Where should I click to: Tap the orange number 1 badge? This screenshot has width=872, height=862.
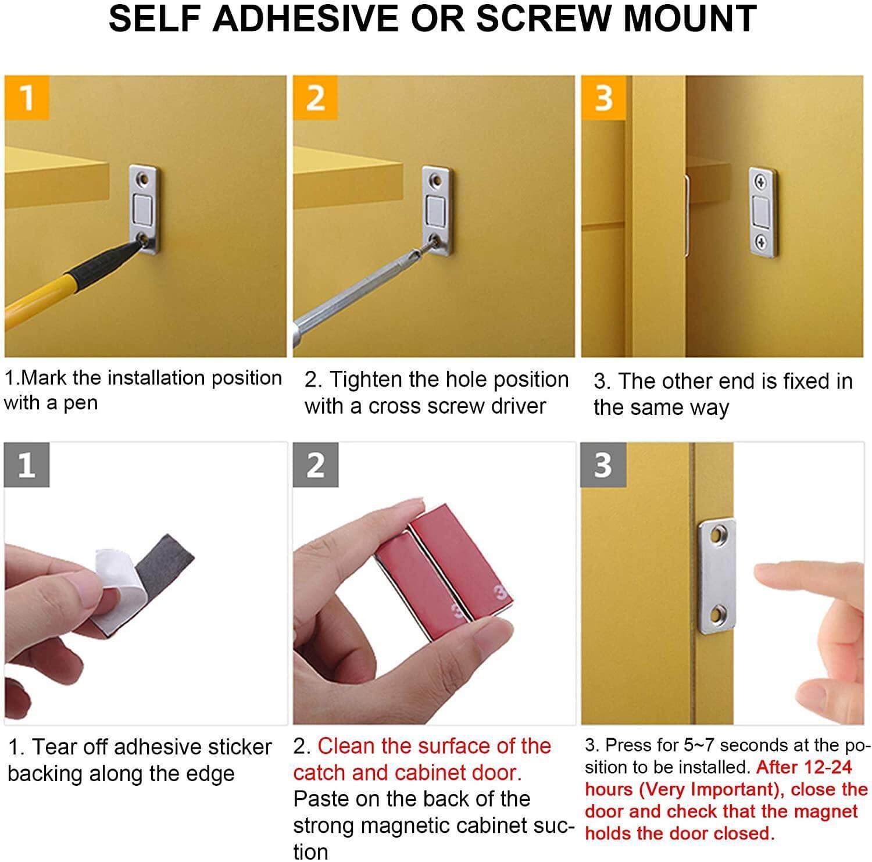pos(27,97)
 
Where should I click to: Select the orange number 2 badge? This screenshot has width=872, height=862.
pos(315,97)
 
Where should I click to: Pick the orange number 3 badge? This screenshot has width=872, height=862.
pos(603,97)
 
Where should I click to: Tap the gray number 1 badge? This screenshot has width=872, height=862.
pos(27,465)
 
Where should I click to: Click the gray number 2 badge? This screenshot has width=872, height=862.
pos(315,465)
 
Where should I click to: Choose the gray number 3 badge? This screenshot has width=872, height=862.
pos(603,465)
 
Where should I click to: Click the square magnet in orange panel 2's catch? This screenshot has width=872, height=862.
pos(435,208)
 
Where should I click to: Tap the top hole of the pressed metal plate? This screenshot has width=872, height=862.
pos(721,532)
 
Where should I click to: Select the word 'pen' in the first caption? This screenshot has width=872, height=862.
pos(80,403)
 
